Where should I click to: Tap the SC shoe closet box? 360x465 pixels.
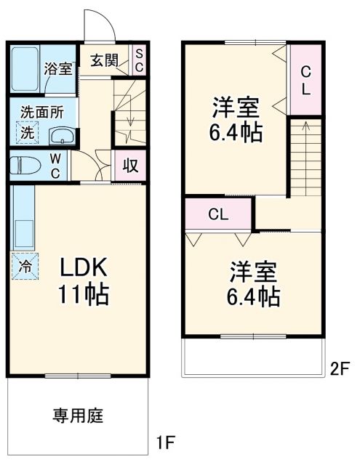tap(139, 60)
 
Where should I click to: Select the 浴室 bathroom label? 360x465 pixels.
tap(57, 70)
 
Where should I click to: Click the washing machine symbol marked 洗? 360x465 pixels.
tap(25, 133)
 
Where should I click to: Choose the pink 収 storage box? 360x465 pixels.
tap(130, 165)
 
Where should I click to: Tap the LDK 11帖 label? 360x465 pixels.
tap(84, 282)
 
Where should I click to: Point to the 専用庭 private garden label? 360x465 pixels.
tap(78, 416)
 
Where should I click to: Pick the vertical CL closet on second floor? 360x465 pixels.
tap(306, 80)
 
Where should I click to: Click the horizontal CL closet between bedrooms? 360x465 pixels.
tap(218, 214)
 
